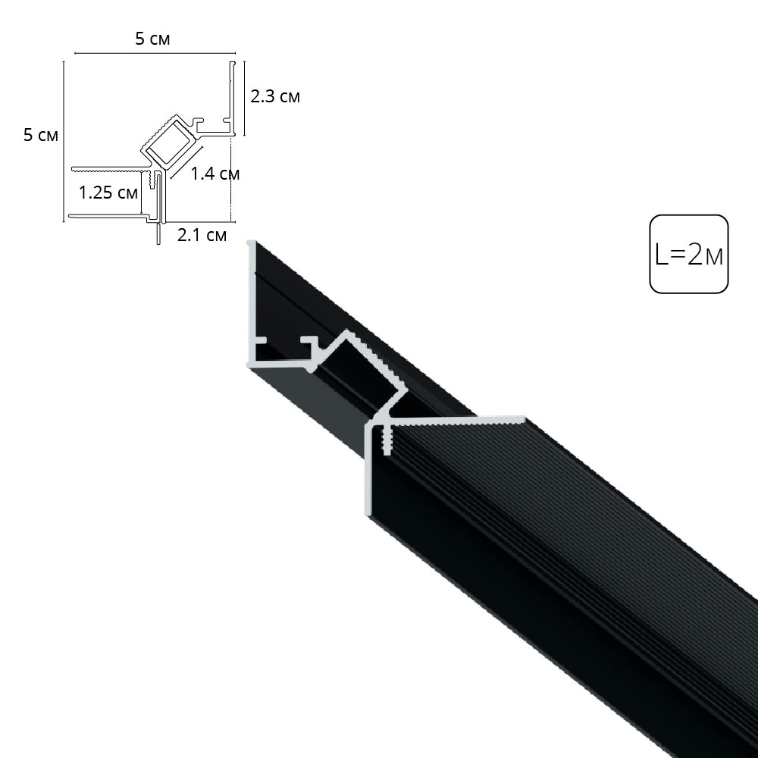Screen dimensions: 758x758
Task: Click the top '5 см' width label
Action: (x=152, y=39)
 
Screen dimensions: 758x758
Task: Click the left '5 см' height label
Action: (x=40, y=136)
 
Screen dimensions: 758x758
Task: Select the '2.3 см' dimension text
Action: (x=274, y=96)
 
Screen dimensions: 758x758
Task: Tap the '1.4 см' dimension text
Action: (x=215, y=174)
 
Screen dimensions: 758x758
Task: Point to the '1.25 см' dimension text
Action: (x=108, y=192)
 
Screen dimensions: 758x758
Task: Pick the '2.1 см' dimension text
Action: (x=202, y=235)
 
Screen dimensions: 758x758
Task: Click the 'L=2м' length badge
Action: (x=688, y=255)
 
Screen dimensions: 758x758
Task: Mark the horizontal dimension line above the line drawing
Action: (x=152, y=55)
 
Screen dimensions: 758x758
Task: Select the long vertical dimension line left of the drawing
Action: (x=64, y=136)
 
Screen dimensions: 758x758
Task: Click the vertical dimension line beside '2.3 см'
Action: (x=243, y=97)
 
